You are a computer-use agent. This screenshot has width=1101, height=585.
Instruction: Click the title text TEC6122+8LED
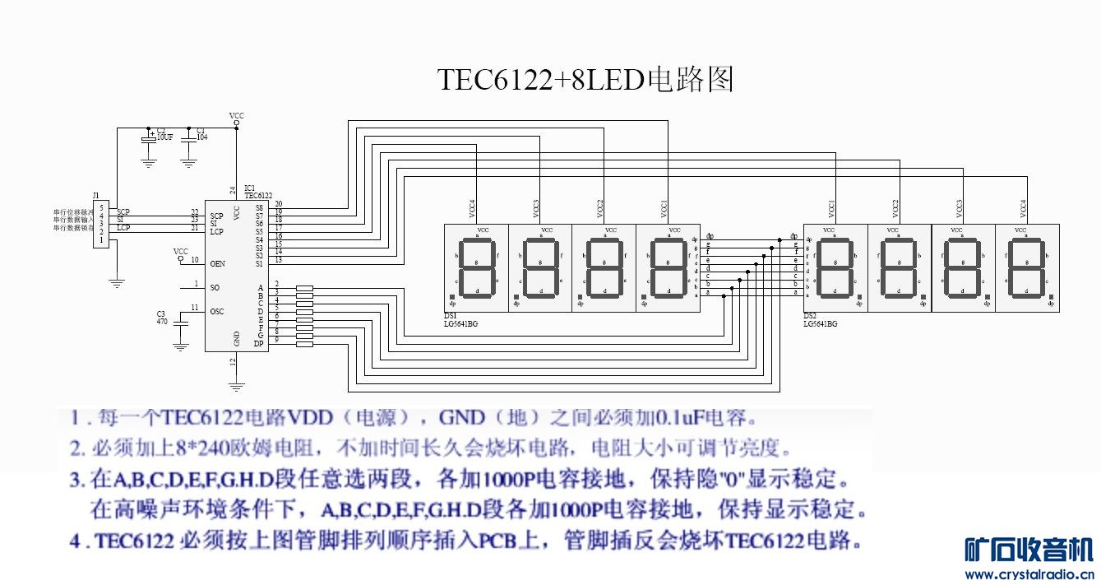542,80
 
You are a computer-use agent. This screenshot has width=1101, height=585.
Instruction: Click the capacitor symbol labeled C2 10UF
149,142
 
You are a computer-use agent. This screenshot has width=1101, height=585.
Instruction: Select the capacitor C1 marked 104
189,142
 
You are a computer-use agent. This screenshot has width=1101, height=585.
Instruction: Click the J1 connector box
101,224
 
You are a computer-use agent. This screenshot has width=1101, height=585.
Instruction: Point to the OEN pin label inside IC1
218,264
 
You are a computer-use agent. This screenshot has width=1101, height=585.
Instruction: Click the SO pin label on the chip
215,288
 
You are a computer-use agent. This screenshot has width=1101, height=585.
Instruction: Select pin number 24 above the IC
233,190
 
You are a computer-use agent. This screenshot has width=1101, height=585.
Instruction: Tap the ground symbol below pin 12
237,385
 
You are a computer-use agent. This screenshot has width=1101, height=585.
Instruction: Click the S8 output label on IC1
259,208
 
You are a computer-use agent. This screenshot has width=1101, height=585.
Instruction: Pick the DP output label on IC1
259,344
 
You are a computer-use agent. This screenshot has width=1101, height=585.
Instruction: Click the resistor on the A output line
304,289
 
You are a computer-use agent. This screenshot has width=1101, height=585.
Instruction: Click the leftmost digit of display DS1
476,267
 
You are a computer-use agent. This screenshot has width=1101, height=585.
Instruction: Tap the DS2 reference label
809,317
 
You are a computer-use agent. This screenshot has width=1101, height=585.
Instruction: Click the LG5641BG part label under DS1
460,324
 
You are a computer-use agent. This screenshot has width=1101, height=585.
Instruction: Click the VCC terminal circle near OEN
180,258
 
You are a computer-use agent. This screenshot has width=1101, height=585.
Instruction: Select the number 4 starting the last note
74,542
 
